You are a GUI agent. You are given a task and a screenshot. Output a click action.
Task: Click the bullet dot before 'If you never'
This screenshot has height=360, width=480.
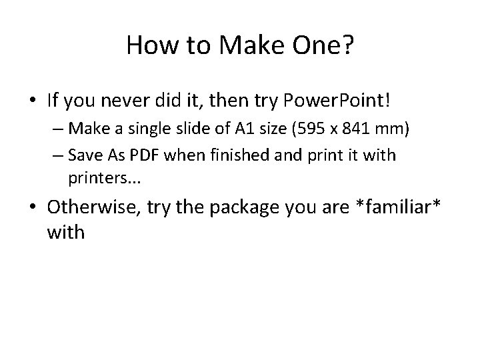[33, 101]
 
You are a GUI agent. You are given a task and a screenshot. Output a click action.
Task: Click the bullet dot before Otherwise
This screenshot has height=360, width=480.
[33, 207]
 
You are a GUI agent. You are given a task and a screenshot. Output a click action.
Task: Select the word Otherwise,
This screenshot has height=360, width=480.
[93, 207]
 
